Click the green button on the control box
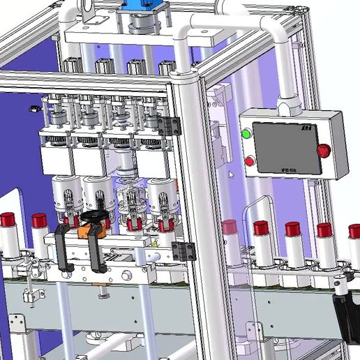246,134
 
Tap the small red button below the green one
250,161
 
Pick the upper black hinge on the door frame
169,126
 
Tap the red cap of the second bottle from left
40,221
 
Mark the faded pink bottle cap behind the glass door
230,226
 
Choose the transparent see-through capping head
130,202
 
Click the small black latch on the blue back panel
33,109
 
